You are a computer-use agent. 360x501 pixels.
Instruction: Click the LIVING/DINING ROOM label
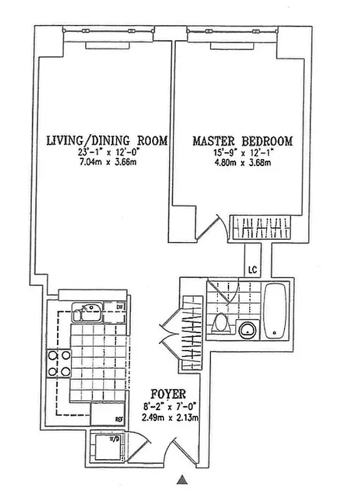[107, 141]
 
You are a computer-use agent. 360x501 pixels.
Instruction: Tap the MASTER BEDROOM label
[242, 141]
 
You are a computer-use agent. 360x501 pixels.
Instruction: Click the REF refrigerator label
[118, 420]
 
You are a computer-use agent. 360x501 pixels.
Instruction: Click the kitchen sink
[87, 311]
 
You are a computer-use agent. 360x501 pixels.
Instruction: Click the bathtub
[275, 311]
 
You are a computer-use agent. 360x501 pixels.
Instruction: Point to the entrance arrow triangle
[182, 480]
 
